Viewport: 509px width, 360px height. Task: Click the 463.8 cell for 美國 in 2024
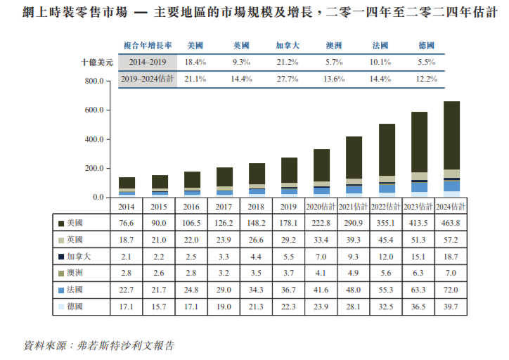pos(451,223)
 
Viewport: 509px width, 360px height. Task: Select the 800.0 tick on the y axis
pos(94,81)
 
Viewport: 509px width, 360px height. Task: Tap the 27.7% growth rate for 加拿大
pos(288,79)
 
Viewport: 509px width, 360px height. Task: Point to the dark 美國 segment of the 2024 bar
pos(451,136)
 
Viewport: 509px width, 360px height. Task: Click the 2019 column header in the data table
pos(288,207)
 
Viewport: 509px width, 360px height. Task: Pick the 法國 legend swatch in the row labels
pos(61,290)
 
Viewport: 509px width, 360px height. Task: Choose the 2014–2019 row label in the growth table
pos(148,62)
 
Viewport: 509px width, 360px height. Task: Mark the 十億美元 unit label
pos(97,62)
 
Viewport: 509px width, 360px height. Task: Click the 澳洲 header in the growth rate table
pos(334,46)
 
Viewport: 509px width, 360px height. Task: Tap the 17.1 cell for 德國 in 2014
pos(126,307)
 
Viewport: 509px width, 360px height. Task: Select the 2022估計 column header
pos(386,207)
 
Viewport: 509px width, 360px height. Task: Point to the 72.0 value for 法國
pos(451,290)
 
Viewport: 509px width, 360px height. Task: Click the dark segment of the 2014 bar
pos(127,183)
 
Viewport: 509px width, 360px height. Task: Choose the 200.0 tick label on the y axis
pos(94,169)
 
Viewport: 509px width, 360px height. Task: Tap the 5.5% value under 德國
pos(426,62)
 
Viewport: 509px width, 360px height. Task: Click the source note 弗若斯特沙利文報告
pos(125,346)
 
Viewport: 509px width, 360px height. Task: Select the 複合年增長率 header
pos(148,46)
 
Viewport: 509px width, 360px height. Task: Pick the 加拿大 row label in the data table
pos(79,257)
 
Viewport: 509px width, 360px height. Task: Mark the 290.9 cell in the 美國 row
pos(353,223)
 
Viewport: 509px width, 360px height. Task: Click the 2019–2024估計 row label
pos(148,79)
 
